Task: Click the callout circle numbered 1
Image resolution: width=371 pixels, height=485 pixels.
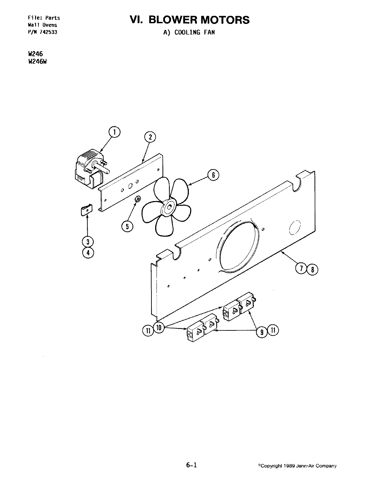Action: click(x=115, y=132)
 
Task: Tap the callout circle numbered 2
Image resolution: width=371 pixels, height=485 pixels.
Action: click(x=150, y=137)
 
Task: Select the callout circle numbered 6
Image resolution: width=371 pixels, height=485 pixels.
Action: click(x=213, y=175)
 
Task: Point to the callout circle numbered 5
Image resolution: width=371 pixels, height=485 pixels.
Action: click(x=127, y=226)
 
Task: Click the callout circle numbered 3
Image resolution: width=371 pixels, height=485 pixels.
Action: click(x=88, y=241)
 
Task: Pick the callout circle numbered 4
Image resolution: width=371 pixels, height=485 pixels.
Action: click(x=88, y=253)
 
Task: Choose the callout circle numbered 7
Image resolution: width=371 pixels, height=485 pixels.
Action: click(x=301, y=269)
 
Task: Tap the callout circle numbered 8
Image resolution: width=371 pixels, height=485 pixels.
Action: click(x=312, y=269)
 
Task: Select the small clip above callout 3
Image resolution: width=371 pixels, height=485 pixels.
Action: click(x=87, y=211)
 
